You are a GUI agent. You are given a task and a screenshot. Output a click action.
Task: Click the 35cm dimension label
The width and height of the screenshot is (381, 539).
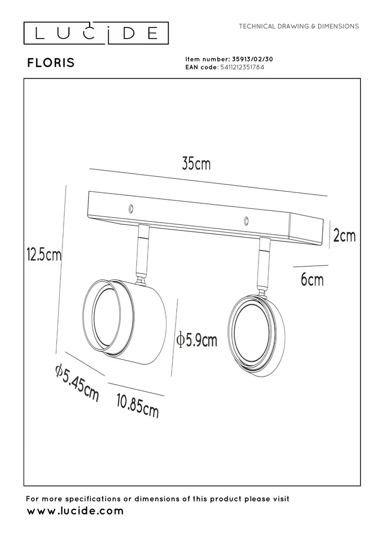196,164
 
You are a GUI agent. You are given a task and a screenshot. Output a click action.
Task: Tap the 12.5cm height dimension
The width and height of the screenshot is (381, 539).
44,255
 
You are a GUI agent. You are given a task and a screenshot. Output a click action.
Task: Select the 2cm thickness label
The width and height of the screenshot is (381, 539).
344,236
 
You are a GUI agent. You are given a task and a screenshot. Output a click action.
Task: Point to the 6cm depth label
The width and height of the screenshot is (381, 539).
312,279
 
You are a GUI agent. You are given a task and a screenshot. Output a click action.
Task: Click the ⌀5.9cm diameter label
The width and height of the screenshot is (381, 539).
197,340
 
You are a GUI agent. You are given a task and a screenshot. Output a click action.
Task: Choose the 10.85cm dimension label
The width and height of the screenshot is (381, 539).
138,406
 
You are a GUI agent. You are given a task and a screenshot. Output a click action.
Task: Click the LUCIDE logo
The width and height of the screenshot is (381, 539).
96,33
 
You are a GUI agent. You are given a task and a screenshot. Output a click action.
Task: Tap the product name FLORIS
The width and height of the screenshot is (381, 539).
51,63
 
